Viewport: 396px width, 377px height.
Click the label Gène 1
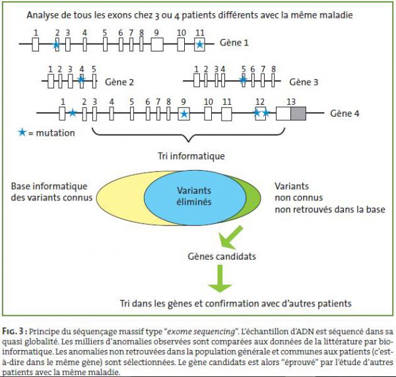point(234,42)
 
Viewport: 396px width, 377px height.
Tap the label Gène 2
point(119,82)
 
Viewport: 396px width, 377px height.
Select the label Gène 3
point(304,82)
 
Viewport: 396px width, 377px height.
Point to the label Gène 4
point(345,113)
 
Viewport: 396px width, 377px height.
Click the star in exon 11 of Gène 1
point(199,45)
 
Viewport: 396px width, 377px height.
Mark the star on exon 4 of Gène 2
point(81,80)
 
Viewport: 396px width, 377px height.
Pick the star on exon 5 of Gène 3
point(243,80)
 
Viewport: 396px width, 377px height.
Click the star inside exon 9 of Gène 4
point(184,114)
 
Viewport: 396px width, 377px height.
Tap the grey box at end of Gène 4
point(298,113)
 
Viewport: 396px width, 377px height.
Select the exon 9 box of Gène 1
point(157,44)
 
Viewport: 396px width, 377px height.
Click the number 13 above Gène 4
point(291,101)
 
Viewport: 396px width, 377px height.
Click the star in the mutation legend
point(22,132)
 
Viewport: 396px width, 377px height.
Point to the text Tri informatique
point(191,156)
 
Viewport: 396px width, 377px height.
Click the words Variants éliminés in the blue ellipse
point(194,196)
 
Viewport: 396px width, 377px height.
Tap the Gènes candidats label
point(222,256)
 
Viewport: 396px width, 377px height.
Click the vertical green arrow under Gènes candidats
point(220,278)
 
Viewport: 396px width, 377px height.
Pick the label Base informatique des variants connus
point(51,192)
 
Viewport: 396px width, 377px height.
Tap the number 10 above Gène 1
point(181,33)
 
